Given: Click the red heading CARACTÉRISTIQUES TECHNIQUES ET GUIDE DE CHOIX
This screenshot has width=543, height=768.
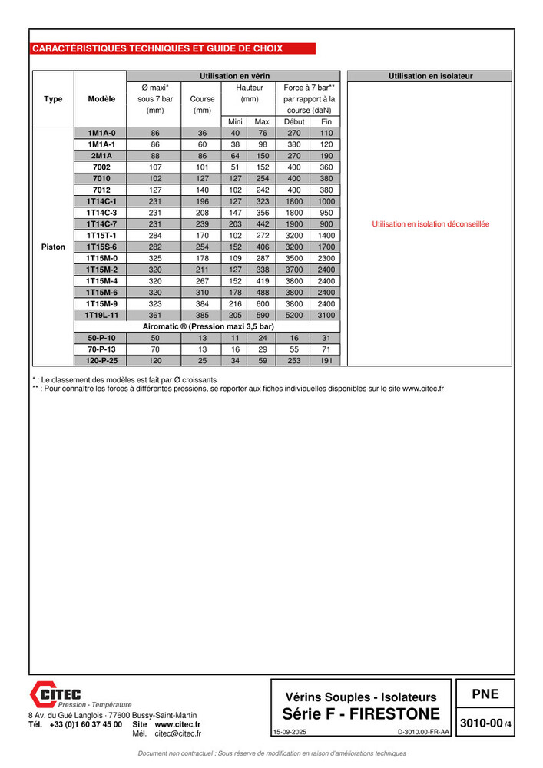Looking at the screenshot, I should coord(157,48).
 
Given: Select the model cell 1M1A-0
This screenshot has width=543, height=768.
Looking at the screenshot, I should coord(101,133).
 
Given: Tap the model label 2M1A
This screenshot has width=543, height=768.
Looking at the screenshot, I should coord(101,156).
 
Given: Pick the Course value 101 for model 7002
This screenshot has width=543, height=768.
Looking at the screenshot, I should coord(202,167).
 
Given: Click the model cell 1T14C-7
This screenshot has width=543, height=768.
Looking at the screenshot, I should coord(101,224).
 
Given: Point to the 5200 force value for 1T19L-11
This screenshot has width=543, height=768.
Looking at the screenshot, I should coord(294,316).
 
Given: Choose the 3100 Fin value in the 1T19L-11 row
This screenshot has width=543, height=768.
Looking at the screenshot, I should coord(326,316).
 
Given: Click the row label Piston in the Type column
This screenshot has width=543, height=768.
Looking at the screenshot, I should coord(53,247).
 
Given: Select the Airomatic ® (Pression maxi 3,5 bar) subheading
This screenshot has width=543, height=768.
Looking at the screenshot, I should coord(208,326).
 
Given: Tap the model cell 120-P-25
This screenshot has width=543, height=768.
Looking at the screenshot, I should coord(101,361).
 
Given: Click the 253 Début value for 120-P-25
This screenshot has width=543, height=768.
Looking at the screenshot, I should coord(294,361).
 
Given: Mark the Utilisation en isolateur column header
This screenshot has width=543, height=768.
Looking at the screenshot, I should coord(430,76).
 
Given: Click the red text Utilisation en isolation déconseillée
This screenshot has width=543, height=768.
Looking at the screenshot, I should coord(430,224).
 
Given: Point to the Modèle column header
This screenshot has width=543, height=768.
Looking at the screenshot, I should coord(101,99).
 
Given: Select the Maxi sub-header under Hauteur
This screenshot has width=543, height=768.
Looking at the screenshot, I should coord(263,121).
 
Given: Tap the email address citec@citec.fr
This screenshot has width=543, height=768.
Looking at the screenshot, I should coord(177,733).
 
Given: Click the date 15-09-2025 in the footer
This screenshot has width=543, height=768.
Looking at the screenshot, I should coord(289,733).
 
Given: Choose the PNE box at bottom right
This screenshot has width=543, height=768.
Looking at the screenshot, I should coord(485,694).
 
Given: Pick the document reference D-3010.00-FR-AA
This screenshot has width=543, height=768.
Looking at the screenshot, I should coord(422,733).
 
